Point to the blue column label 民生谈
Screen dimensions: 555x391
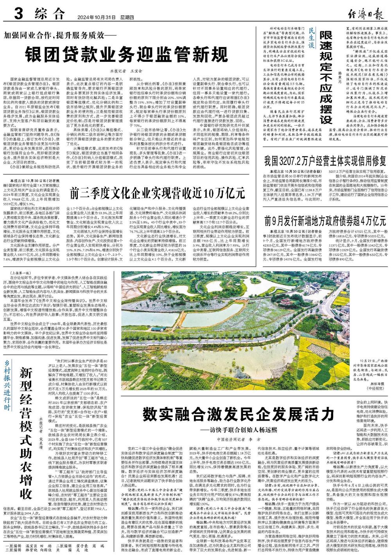[311, 40]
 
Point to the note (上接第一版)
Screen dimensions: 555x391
[18, 273]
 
